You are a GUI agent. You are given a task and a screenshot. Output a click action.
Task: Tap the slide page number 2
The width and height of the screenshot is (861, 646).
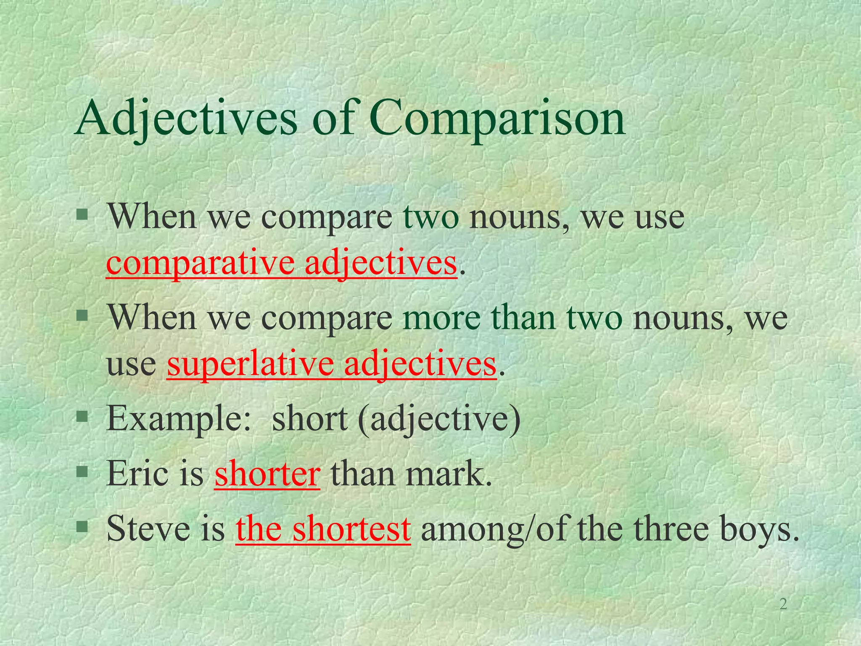pos(783,604)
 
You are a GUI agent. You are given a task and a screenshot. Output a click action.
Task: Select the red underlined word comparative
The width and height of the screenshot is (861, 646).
pos(200,263)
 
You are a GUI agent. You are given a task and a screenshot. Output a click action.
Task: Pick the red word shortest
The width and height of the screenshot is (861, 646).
pos(351,529)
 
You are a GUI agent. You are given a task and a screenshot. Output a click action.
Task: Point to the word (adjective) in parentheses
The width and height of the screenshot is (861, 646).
pos(439,419)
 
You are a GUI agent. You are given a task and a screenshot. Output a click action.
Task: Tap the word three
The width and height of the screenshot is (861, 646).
pos(668,528)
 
